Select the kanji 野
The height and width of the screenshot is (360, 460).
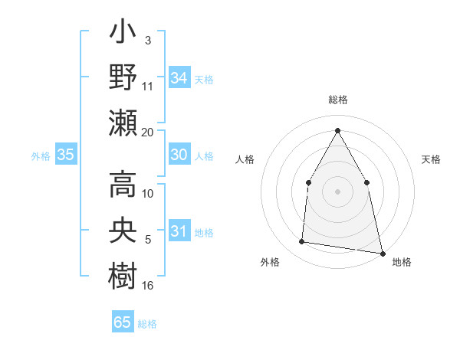(123, 78)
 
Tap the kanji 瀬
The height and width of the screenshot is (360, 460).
(123, 123)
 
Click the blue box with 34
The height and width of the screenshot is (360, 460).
(179, 77)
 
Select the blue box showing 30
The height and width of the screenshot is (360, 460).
(179, 155)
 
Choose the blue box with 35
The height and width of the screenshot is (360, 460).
(66, 155)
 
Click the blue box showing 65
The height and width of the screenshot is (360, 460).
(123, 322)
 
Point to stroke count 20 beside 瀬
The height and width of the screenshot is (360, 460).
(148, 132)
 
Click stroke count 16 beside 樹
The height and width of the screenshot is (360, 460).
(148, 285)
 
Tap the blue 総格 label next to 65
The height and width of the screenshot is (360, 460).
(147, 324)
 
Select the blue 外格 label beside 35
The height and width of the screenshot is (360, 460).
(41, 156)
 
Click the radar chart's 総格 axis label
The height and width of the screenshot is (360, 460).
(337, 100)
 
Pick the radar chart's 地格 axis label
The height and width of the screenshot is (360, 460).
(402, 262)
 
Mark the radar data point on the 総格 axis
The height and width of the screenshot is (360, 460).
(337, 130)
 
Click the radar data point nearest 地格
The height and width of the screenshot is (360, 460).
(382, 252)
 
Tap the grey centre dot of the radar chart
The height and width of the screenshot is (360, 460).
(337, 191)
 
